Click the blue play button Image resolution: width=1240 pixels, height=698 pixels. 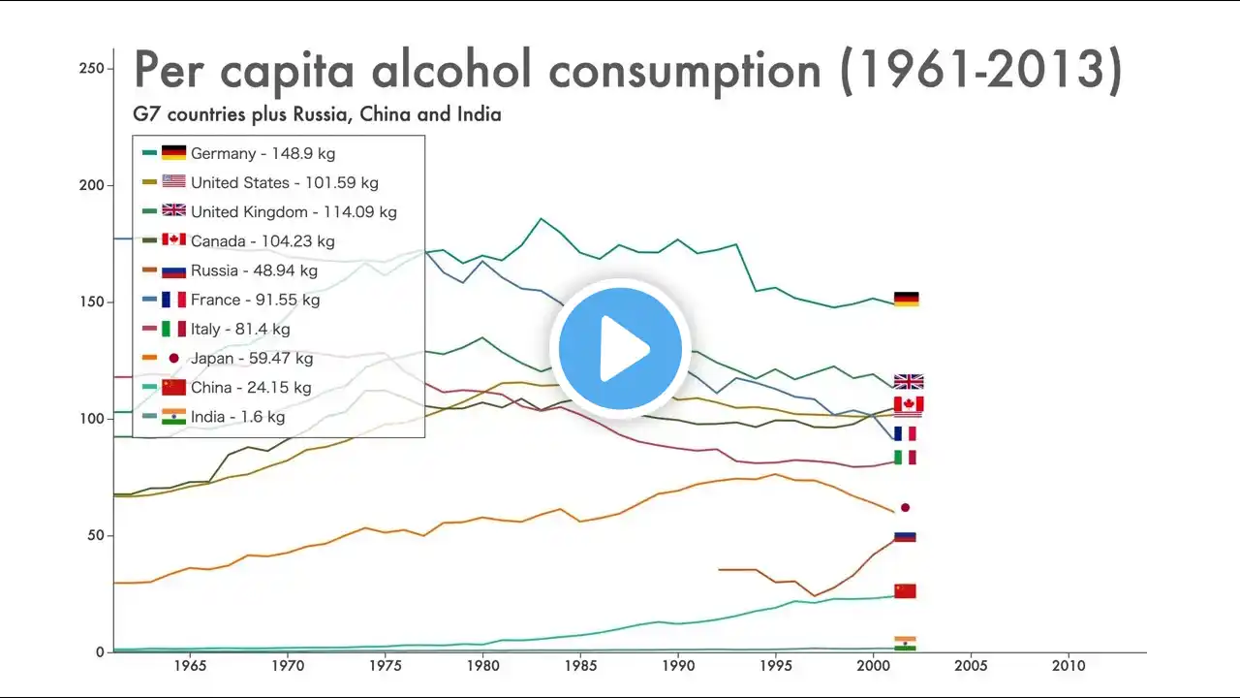(620, 348)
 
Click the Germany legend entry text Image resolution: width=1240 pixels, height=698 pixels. (263, 153)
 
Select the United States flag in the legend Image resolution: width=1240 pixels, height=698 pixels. (173, 182)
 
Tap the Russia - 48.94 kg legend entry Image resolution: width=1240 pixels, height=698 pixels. (254, 270)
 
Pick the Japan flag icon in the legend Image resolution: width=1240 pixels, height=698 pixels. (173, 358)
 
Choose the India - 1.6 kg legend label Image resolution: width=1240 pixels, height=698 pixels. (237, 417)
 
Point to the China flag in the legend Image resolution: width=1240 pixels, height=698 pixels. (173, 387)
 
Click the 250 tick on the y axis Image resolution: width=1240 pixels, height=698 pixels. (90, 68)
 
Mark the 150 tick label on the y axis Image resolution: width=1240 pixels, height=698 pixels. (90, 302)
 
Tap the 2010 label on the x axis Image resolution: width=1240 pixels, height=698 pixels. (1069, 667)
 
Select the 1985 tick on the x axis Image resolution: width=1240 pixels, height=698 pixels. (580, 667)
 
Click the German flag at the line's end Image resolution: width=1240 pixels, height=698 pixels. (906, 299)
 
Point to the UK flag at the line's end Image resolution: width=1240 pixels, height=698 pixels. (909, 381)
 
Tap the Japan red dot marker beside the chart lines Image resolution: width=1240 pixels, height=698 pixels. (905, 507)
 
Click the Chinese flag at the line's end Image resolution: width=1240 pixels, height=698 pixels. (905, 590)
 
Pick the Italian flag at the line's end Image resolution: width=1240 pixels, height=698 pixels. (905, 457)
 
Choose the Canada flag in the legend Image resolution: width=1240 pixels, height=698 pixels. (173, 240)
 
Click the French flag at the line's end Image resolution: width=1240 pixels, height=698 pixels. (905, 433)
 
